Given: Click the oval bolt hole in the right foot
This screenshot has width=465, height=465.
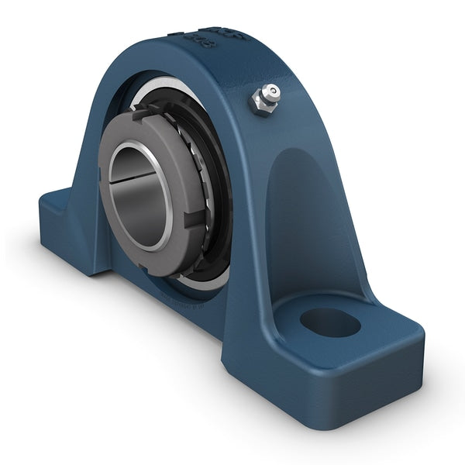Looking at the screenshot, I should pyautogui.click(x=330, y=322).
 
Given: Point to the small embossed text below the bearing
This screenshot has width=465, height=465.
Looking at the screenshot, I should pyautogui.click(x=182, y=295).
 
